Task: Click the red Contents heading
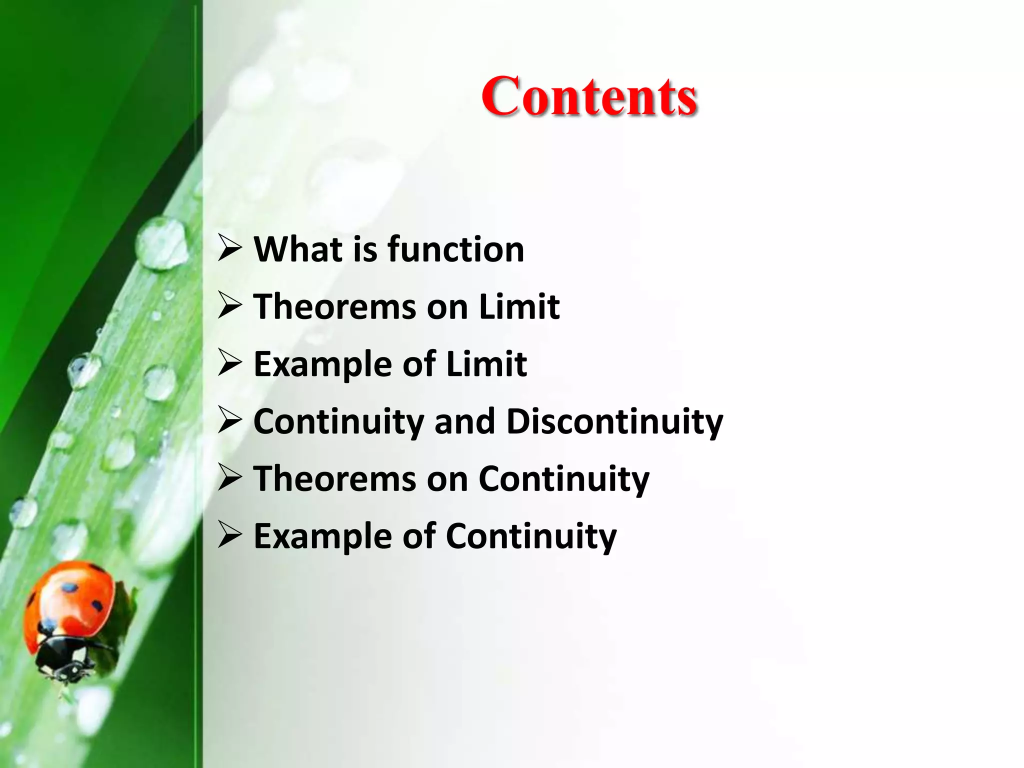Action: (x=589, y=96)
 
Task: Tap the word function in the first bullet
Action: (x=455, y=249)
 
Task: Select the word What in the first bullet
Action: (x=298, y=249)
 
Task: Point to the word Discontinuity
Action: (x=614, y=421)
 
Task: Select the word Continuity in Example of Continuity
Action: (x=531, y=536)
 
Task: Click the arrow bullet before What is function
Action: (x=230, y=248)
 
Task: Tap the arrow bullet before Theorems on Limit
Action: (x=230, y=306)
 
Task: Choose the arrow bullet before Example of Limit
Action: (x=230, y=363)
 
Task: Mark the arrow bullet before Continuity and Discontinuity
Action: (x=230, y=421)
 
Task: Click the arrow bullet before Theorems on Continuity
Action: (x=230, y=478)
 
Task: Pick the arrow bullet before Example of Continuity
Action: (x=230, y=535)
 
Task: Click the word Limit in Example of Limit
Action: (x=486, y=364)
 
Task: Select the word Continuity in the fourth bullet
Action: (x=339, y=421)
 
